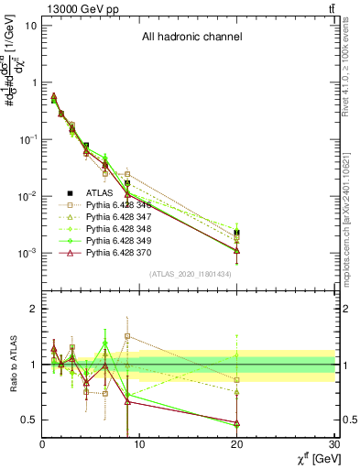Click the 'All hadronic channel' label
(x=190, y=38)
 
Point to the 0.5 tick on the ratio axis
(x=30, y=420)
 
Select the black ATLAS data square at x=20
(x=237, y=234)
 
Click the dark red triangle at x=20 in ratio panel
(x=237, y=422)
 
